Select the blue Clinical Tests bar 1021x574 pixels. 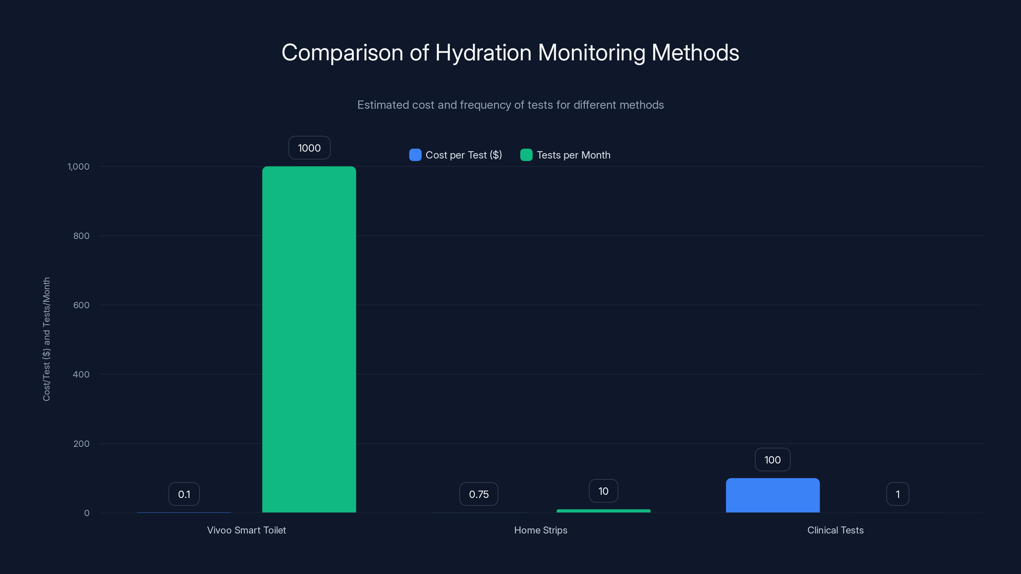(772, 495)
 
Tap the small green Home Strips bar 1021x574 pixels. (603, 511)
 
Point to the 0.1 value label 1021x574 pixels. (184, 494)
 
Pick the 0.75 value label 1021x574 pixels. (478, 494)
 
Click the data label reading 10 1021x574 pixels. (603, 491)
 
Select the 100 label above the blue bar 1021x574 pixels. (772, 460)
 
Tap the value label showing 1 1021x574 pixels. (897, 494)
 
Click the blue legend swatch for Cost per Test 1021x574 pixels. (415, 155)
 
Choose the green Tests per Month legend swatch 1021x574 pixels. (526, 155)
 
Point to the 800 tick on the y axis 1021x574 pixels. (81, 236)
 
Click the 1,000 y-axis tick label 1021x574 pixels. (78, 166)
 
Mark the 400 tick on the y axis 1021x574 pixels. (81, 374)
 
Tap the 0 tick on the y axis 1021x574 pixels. (87, 513)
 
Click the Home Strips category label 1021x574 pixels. (540, 530)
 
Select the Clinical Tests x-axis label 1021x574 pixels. (835, 530)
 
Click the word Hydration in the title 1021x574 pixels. (483, 52)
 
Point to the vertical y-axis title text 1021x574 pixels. (46, 339)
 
